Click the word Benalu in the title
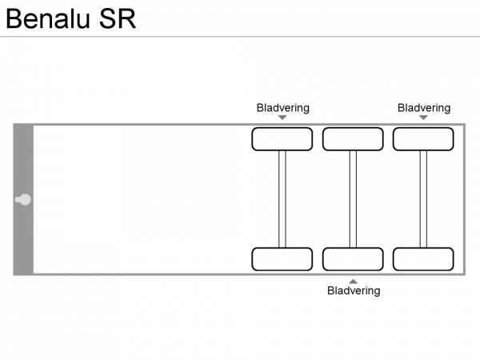tap(49, 18)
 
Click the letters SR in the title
tap(118, 18)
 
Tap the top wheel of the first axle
tap(282, 139)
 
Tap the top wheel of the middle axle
tap(353, 139)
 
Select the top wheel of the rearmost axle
tap(423, 139)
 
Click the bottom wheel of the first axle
tap(282, 259)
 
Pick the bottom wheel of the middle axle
tap(353, 259)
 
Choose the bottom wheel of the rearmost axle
tap(423, 259)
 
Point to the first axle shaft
tap(282, 199)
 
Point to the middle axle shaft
tap(353, 199)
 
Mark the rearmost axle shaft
tap(423, 199)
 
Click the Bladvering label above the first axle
tap(282, 108)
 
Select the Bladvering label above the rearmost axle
tap(424, 108)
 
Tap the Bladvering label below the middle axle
tap(354, 291)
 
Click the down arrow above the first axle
tap(282, 118)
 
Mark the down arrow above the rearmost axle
tap(423, 118)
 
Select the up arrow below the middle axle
tap(353, 281)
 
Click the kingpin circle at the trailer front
tap(25, 199)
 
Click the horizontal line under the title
tap(240, 37)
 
